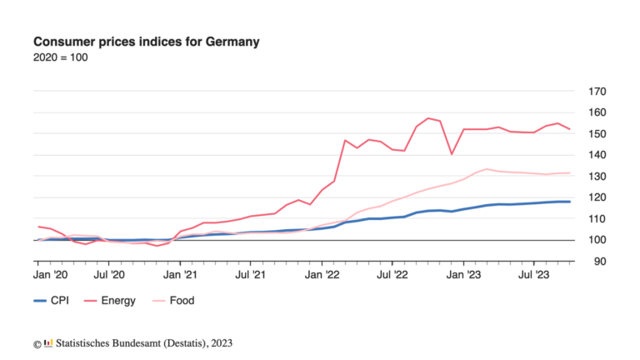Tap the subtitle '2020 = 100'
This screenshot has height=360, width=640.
coord(60,57)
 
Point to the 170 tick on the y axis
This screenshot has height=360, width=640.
coord(597,92)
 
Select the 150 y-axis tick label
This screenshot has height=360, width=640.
coord(597,134)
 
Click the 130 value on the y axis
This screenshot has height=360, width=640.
coord(597,177)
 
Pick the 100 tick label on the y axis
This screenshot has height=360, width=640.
coord(597,240)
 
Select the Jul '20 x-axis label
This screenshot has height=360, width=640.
coord(109,272)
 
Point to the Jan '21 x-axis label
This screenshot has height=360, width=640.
coord(181,272)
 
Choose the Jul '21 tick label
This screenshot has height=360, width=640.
coord(251,272)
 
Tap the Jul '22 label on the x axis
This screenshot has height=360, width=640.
coord(392,272)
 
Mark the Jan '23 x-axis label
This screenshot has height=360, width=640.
coord(463,272)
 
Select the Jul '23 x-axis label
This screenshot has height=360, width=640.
coord(533,272)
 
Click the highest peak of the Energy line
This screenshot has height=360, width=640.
coord(428,118)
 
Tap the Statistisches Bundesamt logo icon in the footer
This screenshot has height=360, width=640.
coord(49,342)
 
